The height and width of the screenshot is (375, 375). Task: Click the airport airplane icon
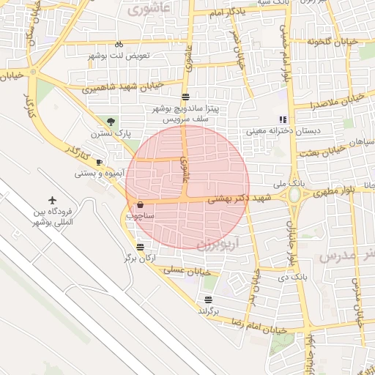point(53,199)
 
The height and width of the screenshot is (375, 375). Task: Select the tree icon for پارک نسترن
point(111,122)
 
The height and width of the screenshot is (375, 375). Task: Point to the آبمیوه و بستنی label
point(100,174)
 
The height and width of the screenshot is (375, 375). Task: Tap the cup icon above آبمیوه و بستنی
point(100,162)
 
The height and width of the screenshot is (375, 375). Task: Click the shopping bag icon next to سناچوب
point(140,205)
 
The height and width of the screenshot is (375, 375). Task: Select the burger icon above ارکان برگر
point(140,247)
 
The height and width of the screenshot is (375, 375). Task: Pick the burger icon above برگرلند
point(209,299)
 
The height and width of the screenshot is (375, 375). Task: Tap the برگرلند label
point(209,311)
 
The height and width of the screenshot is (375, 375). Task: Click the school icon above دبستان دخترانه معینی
point(282,119)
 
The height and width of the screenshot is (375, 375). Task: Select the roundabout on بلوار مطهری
point(295,195)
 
